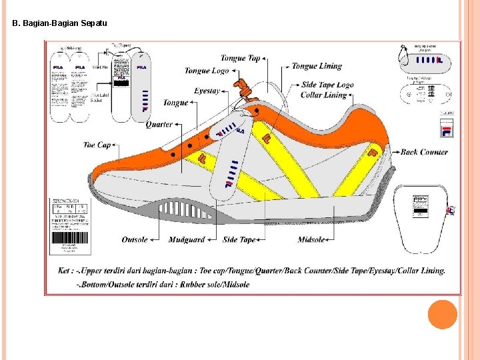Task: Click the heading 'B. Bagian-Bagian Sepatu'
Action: point(59,23)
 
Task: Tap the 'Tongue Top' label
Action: point(240,59)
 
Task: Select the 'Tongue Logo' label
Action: point(207,71)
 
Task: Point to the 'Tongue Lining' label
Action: point(317,66)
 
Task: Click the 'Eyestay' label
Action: point(207,91)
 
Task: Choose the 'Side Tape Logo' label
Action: point(327,85)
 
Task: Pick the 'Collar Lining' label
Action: point(324,95)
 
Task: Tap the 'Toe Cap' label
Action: point(97,145)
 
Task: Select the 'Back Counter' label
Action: point(424,152)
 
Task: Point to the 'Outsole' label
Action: point(135,240)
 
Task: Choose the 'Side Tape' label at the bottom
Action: point(239,240)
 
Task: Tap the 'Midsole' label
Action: point(311,240)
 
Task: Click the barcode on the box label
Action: point(70,238)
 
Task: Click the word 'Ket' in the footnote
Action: point(83,271)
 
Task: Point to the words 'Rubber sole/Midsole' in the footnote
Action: point(215,285)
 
